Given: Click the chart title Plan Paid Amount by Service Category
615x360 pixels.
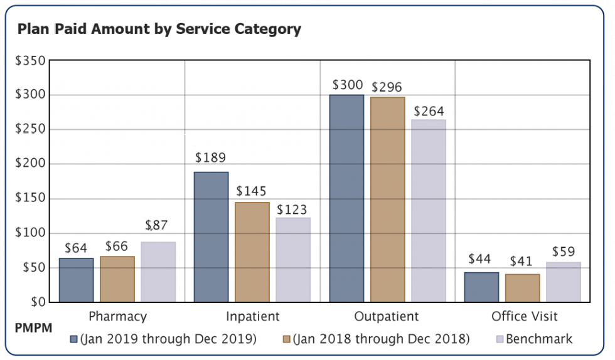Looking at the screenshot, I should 159,29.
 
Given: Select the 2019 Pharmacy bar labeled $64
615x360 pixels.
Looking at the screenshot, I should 76,280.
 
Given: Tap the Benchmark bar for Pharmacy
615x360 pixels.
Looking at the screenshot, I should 158,272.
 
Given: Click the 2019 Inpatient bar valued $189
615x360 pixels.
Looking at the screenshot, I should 211,236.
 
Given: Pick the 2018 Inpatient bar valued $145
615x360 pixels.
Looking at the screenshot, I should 252,251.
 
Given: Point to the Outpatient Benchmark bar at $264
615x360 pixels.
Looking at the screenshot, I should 429,210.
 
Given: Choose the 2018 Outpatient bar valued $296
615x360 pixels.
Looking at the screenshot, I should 387,199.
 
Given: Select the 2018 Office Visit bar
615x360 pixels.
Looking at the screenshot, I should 522,288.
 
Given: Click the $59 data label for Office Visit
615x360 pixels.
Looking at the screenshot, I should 564,251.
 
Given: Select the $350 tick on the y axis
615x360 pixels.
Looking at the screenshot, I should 30,61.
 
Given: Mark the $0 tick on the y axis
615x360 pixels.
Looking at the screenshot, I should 36,302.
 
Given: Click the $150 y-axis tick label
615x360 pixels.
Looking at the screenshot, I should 30,199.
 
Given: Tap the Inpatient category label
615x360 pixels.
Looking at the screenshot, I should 252,316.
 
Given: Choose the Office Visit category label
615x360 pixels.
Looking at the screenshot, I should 524,316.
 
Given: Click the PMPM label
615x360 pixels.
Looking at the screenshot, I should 33,328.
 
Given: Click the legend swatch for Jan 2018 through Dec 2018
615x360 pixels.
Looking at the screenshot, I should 287,339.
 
